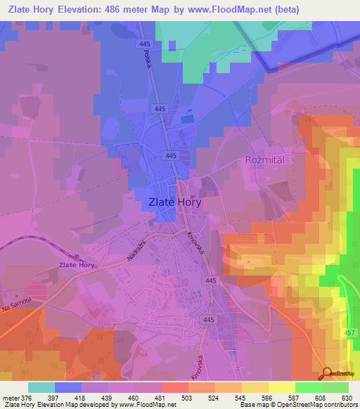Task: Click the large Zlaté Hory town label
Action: coord(176,202)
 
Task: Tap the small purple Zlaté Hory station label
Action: coord(76,265)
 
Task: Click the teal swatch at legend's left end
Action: coord(41,387)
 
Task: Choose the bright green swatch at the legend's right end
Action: coord(335,387)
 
